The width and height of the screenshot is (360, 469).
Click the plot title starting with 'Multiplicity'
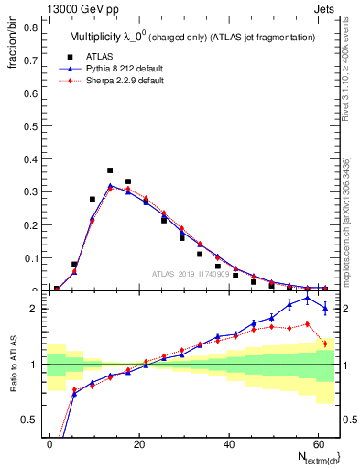[186, 36]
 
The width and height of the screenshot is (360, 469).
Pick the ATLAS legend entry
[111, 56]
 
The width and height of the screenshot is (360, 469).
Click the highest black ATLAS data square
[110, 170]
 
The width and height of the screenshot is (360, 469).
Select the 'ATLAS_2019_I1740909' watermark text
[191, 274]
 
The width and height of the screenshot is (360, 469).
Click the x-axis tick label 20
[138, 442]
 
